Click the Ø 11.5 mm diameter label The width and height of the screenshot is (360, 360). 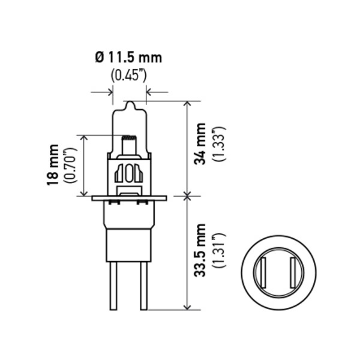(x=128, y=58)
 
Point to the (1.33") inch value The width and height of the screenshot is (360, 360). (x=219, y=144)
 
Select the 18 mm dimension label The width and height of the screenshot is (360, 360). (x=54, y=164)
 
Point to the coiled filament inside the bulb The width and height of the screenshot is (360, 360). (x=129, y=146)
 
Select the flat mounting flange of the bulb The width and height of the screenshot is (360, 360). (x=129, y=197)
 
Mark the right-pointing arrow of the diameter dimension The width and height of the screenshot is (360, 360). (x=109, y=92)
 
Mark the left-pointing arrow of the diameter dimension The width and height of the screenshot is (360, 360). (x=150, y=92)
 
